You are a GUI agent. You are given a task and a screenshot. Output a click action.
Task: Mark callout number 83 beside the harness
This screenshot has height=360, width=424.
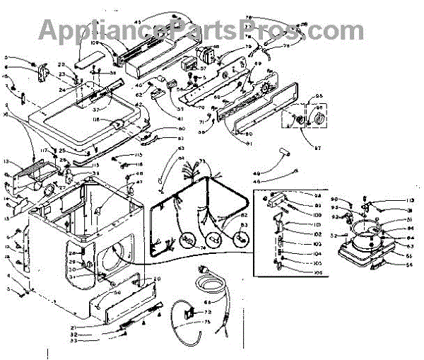coord(245,226)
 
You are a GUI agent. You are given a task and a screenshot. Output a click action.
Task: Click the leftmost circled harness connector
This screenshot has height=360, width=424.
coord(187,240)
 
